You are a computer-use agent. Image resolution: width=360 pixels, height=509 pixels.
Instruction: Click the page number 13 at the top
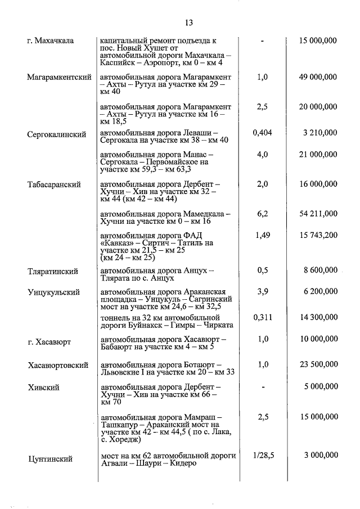coord(188,23)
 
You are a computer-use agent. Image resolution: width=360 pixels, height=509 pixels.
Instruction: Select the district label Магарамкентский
coord(59,77)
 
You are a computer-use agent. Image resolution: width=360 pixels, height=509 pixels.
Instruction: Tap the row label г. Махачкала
coord(53,41)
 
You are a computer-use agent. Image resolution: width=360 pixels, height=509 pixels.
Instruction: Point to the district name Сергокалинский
coord(56,134)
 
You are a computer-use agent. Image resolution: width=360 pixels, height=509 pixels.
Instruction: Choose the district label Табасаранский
coord(54,184)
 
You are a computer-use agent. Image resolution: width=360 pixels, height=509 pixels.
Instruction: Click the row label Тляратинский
coord(52,271)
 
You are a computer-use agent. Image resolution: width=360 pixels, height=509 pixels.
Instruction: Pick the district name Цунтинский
coord(51,459)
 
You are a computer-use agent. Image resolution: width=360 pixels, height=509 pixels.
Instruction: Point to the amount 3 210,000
coord(319,133)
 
